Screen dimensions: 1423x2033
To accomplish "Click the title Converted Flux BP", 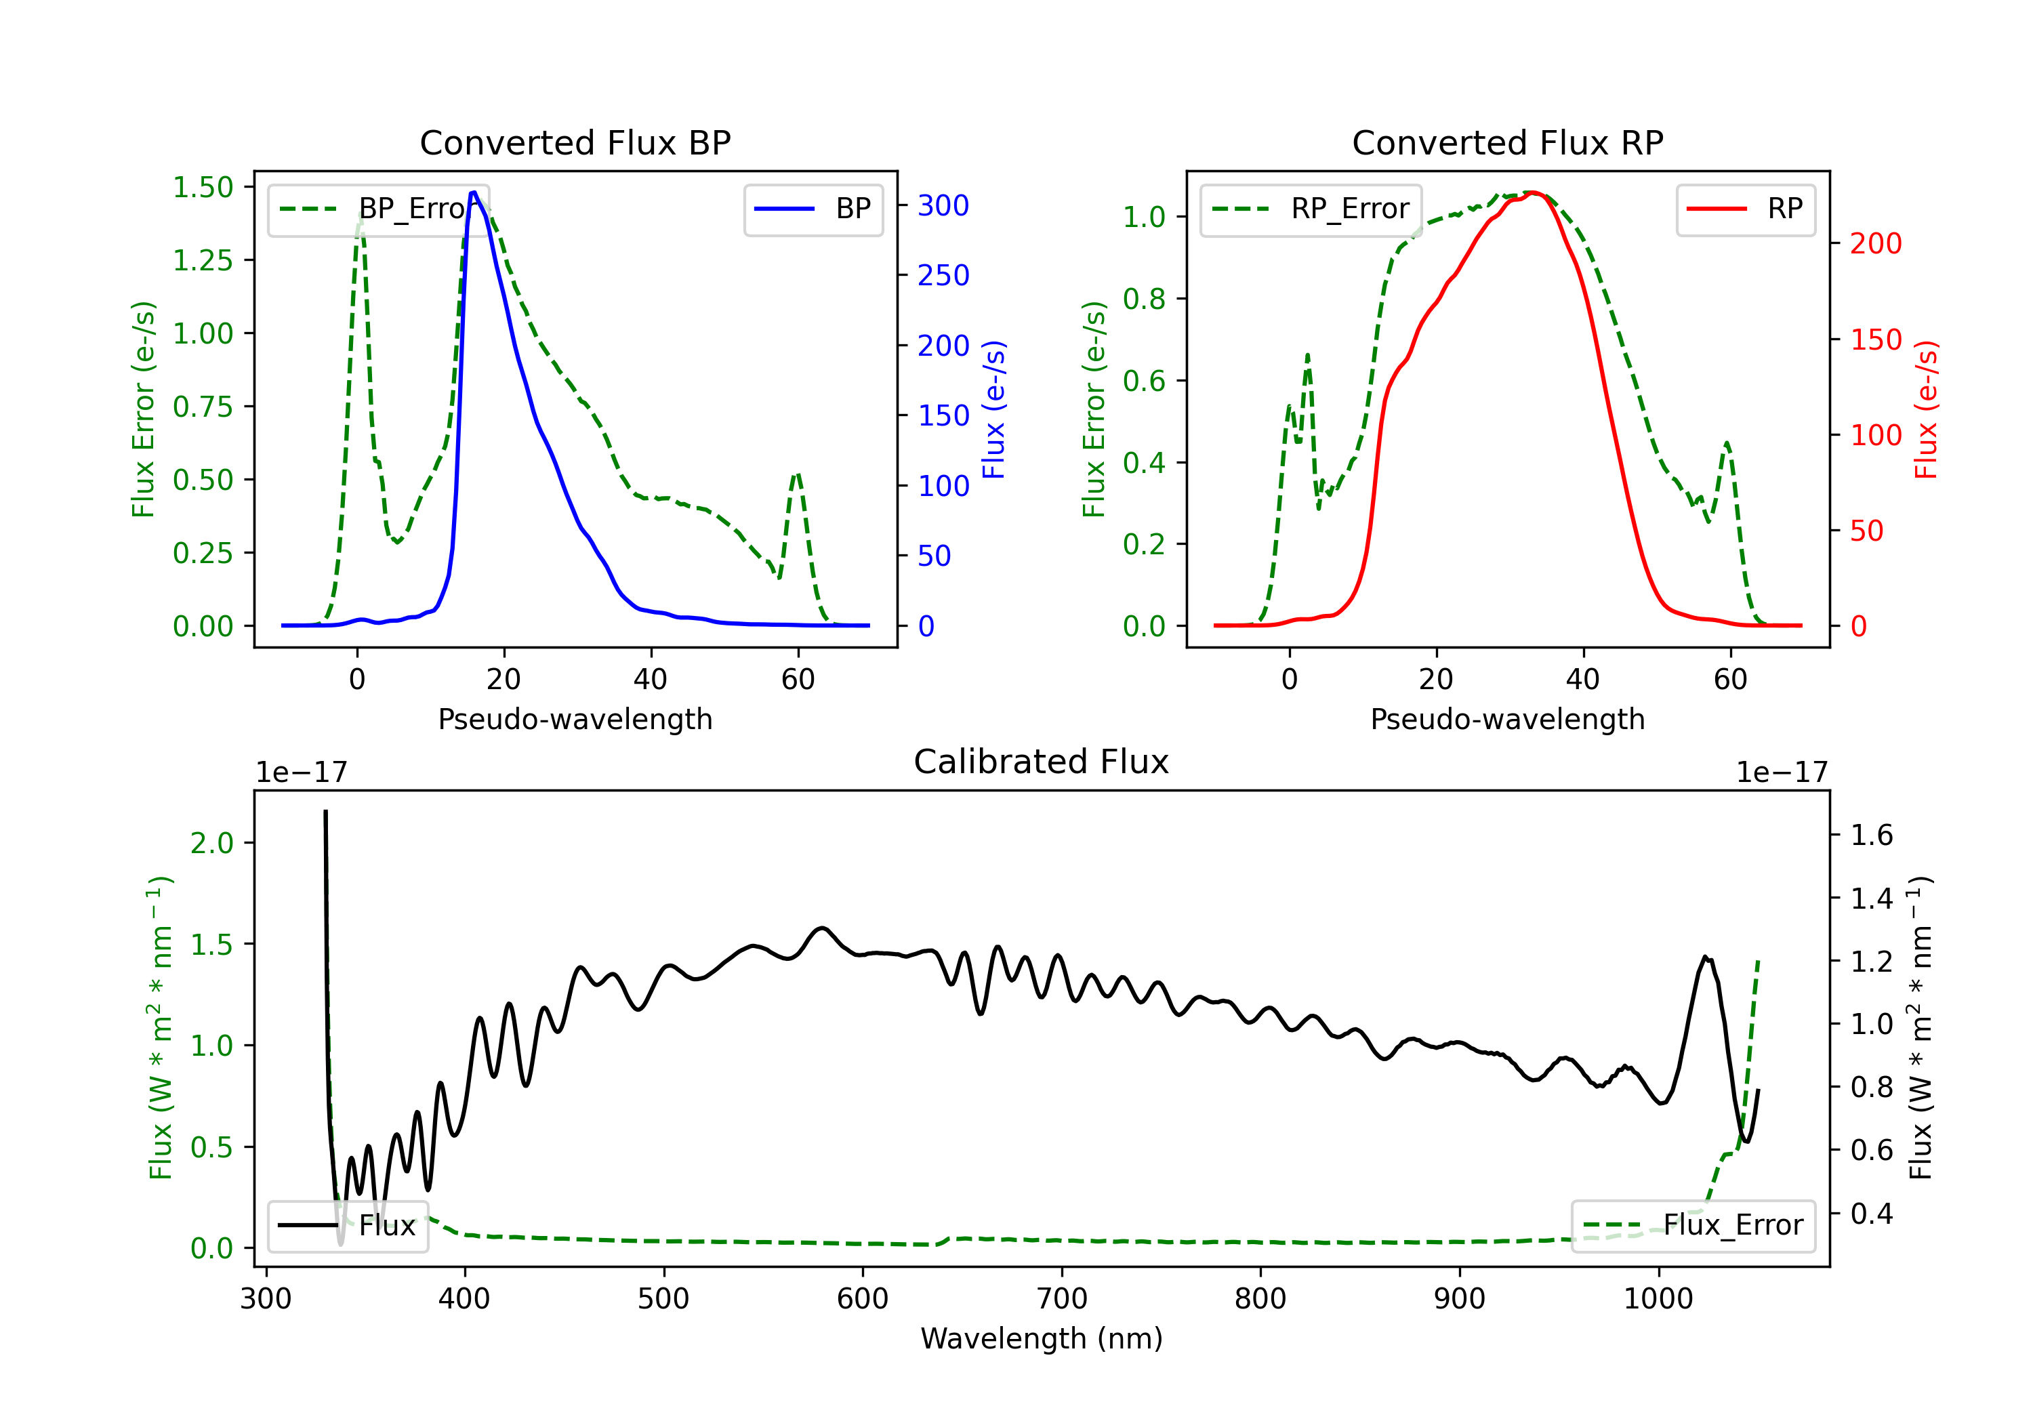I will (575, 142).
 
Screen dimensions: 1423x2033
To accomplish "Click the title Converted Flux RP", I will (1507, 142).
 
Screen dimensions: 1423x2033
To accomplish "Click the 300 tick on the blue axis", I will (943, 205).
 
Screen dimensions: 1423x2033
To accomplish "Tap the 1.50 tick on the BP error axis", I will (203, 187).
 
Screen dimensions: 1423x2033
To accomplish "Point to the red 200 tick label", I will (1875, 243).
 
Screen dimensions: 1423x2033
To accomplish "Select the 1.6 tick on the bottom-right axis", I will (1871, 835).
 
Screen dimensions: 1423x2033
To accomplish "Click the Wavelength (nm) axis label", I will (1042, 1339).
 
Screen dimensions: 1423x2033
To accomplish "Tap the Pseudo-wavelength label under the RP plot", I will (1507, 719).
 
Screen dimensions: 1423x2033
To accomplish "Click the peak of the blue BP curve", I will (474, 192).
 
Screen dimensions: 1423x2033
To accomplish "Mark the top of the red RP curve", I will (1533, 193).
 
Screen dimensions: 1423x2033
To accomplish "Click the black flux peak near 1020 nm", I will (1704, 957).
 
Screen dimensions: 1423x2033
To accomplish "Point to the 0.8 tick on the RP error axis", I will (1144, 300).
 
